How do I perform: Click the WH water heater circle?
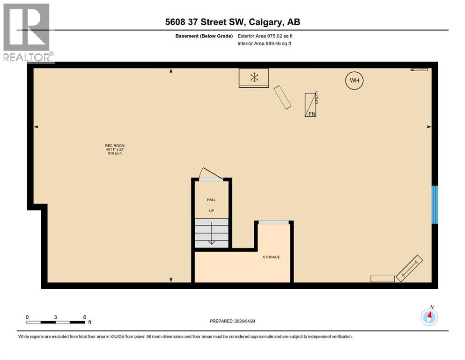[354, 81]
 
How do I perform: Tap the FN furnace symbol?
[310, 105]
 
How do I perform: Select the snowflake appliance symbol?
[254, 77]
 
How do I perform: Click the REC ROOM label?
[115, 146]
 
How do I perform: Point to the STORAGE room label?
[271, 257]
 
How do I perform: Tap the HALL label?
[212, 200]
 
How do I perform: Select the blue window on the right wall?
[435, 204]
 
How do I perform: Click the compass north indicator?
[429, 316]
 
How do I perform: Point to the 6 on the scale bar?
[84, 317]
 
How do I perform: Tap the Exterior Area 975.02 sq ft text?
[266, 36]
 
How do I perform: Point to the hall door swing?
[206, 173]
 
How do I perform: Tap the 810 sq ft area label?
[115, 153]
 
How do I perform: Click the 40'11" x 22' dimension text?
[115, 150]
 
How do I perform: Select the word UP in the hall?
[212, 210]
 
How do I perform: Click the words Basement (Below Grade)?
[207, 36]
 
